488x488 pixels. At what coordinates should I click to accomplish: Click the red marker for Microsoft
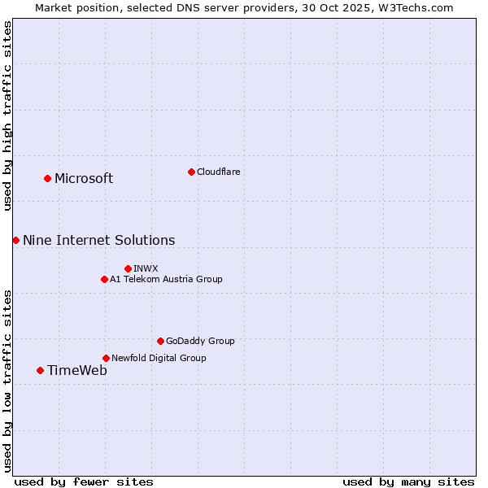[47, 178]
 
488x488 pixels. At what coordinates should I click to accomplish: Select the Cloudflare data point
[191, 172]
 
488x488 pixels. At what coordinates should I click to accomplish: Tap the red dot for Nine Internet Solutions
[15, 240]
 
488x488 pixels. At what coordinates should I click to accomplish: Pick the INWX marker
[128, 268]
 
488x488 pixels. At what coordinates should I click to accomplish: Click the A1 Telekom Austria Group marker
[104, 279]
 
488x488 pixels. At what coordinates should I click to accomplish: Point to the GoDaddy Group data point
[160, 341]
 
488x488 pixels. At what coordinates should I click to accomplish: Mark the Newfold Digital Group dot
[106, 358]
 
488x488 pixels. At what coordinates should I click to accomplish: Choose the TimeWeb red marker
[40, 370]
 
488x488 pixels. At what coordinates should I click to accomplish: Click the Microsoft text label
[84, 179]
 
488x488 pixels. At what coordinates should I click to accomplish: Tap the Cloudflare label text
[218, 172]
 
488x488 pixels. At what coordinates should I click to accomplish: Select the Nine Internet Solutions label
[98, 241]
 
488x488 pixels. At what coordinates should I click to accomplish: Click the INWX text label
[146, 268]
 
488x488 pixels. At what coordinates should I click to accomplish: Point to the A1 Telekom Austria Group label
[166, 279]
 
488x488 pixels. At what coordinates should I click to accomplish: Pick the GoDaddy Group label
[200, 341]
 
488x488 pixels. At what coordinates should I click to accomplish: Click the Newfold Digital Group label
[159, 358]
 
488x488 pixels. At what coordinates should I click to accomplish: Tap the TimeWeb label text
[76, 371]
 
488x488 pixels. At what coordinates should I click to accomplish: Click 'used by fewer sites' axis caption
[84, 481]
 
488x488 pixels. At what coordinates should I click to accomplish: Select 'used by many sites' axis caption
[408, 481]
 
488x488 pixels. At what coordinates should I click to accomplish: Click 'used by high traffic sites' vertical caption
[7, 115]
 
